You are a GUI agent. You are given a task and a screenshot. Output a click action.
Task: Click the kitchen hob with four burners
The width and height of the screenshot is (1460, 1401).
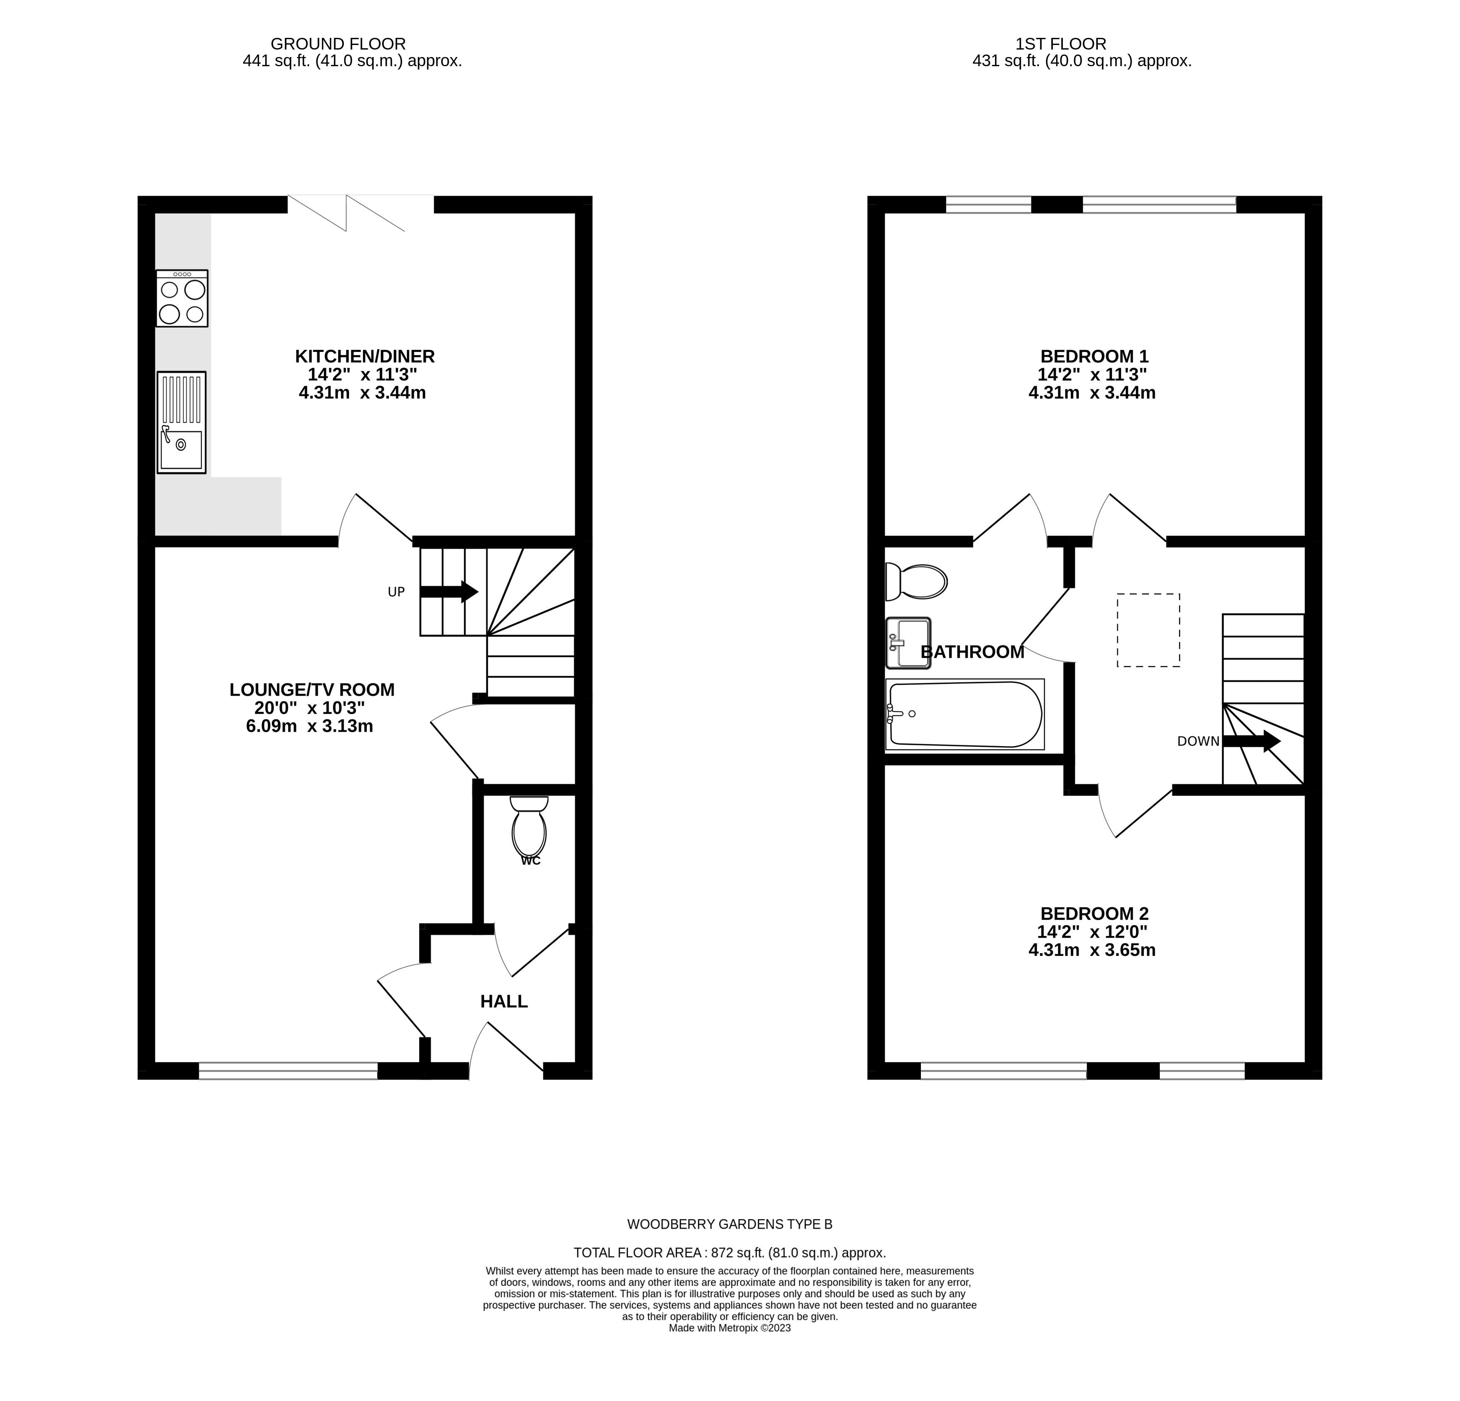pos(182,298)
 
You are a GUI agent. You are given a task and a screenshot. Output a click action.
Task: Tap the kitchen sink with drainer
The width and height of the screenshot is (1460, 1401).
pos(181,422)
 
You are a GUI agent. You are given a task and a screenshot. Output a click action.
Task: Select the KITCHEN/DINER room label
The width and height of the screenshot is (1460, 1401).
pos(365,356)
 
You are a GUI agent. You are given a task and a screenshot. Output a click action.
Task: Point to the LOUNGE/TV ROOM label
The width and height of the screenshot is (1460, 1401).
pos(312,690)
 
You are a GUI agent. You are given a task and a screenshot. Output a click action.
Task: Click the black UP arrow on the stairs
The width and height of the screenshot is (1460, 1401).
pos(449,591)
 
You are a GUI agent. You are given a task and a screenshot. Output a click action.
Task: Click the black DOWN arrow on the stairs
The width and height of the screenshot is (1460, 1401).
pos(1251,741)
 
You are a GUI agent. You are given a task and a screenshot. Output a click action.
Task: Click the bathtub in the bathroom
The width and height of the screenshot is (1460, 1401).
pos(965,714)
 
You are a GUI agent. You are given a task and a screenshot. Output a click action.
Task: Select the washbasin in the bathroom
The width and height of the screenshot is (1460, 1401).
pos(908,643)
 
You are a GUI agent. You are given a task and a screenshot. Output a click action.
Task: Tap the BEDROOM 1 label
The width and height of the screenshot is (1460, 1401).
pos(1094,356)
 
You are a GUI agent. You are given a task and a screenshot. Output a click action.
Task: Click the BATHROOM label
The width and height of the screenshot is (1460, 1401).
pos(973,652)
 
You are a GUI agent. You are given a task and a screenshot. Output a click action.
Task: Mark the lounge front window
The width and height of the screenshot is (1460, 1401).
pos(288,1071)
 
